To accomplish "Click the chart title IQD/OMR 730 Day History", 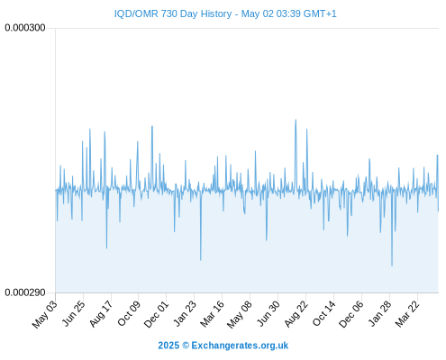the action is click(173, 13).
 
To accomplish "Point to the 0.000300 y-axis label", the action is click(25, 28).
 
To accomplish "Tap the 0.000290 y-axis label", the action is click(25, 292).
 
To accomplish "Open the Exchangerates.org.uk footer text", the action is click(240, 346).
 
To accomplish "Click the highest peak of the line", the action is click(296, 120).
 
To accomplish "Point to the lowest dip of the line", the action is click(392, 265).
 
